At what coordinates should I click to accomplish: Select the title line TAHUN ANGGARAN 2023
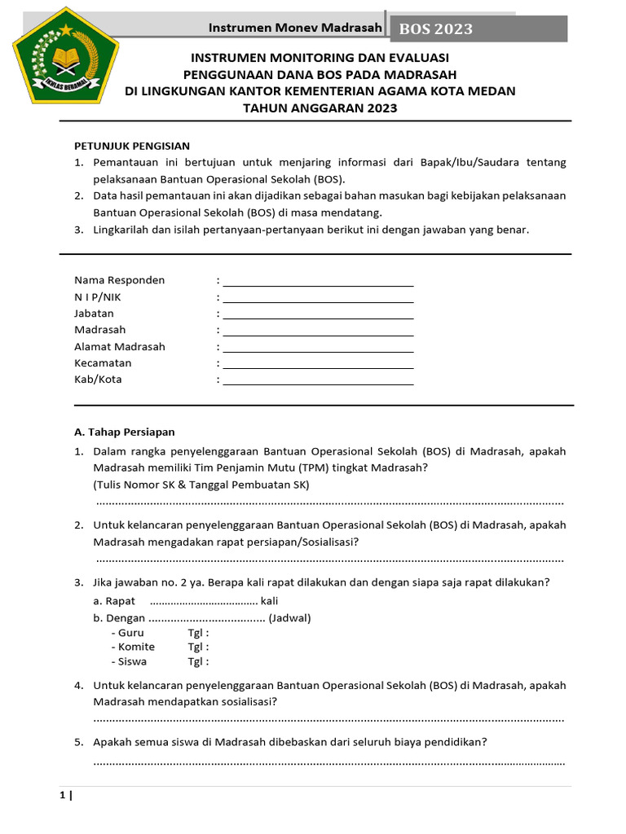tap(320, 108)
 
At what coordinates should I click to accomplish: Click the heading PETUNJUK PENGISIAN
tap(132, 146)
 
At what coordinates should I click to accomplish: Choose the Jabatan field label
tap(95, 314)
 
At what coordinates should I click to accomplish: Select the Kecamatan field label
tap(103, 363)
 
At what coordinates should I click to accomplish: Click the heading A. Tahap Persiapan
tap(125, 432)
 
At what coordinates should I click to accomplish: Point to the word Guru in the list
tap(131, 633)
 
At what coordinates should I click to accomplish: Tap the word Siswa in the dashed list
tap(133, 662)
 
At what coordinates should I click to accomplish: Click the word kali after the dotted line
tap(269, 602)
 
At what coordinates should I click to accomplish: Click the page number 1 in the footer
tap(62, 796)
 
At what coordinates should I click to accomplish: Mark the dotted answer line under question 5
tap(329, 762)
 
